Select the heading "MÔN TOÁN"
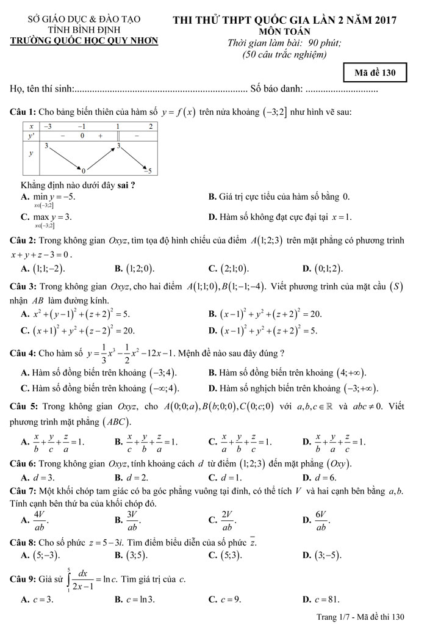pos(284,31)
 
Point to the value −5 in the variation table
pos(147,170)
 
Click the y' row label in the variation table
pos(31,136)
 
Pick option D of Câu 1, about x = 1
pos(280,217)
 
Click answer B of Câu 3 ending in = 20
pos(265,314)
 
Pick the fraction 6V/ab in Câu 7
pos(320,520)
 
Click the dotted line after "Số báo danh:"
pos(342,90)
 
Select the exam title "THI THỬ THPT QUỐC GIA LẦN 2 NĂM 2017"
pos(285,20)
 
